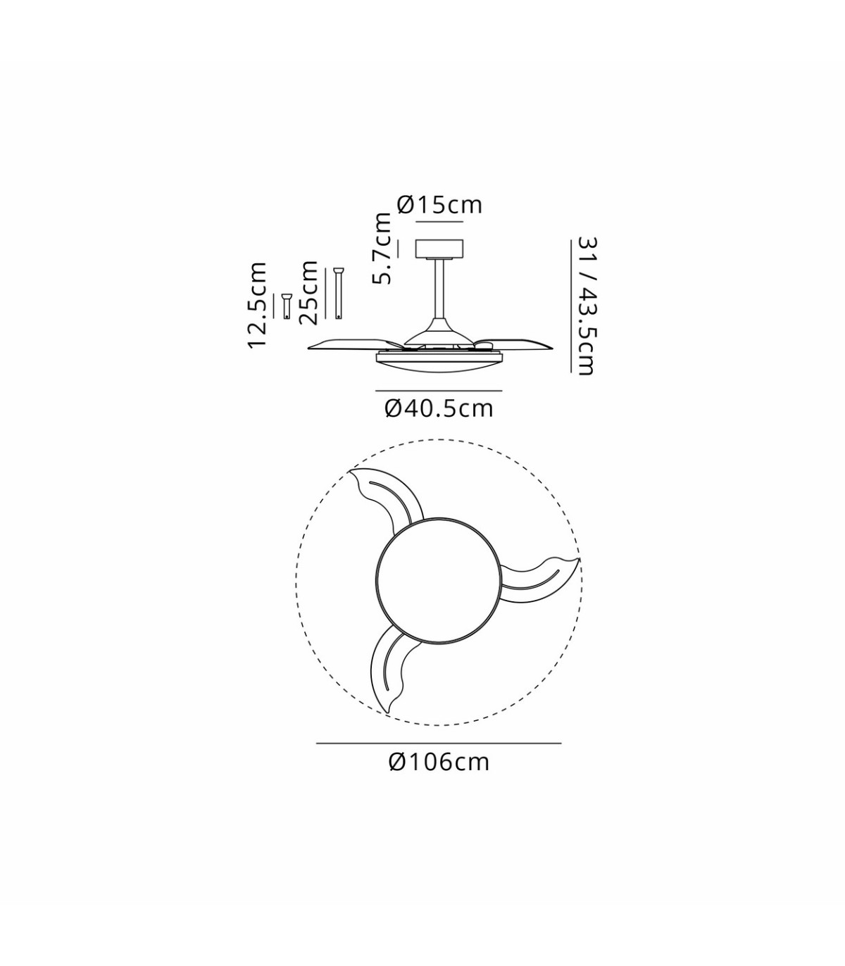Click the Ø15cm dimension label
[x=439, y=206]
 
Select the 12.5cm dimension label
[x=257, y=306]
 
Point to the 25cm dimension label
[x=308, y=291]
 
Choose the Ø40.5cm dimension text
[x=439, y=408]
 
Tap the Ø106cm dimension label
[x=439, y=762]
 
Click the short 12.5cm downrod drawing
[x=286, y=306]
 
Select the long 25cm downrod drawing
[x=338, y=294]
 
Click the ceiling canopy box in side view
[x=439, y=249]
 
